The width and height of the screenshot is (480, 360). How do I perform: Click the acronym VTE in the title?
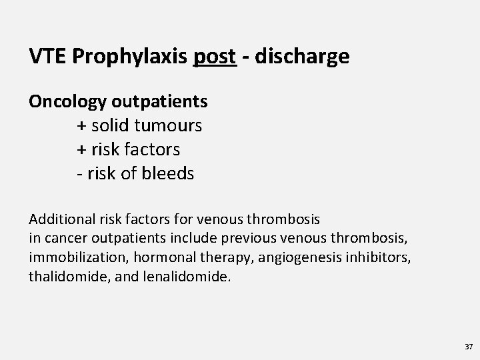point(46,57)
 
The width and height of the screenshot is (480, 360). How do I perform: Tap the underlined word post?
point(215,57)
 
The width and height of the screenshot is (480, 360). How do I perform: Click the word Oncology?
point(67,101)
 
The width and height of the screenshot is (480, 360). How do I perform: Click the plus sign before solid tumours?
point(81,126)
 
